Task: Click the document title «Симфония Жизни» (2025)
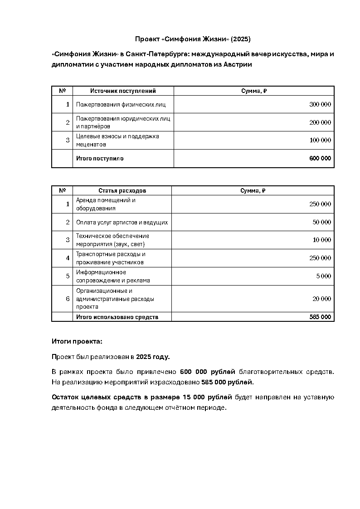pyautogui.click(x=193, y=39)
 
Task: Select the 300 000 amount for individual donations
pyautogui.click(x=320, y=104)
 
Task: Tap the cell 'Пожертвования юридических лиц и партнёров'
pyautogui.click(x=123, y=122)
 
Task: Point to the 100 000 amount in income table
pyautogui.click(x=320, y=141)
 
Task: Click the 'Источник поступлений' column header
pyautogui.click(x=123, y=91)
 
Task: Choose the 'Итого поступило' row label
pyautogui.click(x=100, y=159)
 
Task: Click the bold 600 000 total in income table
pyautogui.click(x=320, y=159)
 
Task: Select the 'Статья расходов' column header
pyautogui.click(x=122, y=191)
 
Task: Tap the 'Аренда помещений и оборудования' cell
pyautogui.click(x=106, y=204)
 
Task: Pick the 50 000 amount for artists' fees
pyautogui.click(x=322, y=222)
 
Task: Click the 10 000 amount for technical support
pyautogui.click(x=322, y=240)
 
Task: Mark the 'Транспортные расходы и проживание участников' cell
pyautogui.click(x=111, y=258)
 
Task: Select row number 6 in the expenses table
pyautogui.click(x=68, y=299)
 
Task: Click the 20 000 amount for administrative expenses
pyautogui.click(x=322, y=299)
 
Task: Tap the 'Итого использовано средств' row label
pyautogui.click(x=117, y=317)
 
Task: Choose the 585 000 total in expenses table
pyautogui.click(x=320, y=317)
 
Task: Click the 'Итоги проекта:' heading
pyautogui.click(x=77, y=341)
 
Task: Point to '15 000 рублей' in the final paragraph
pyautogui.click(x=207, y=398)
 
